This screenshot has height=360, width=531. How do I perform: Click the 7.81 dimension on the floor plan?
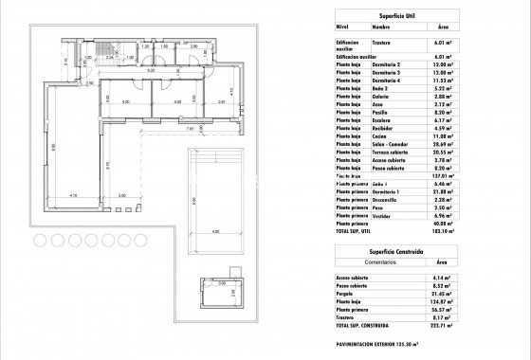pos(189,128)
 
